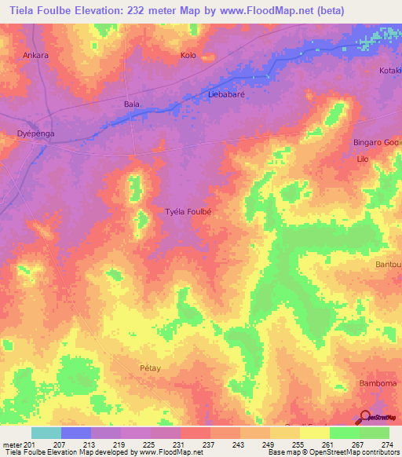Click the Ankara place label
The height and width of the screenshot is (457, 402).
[35, 56]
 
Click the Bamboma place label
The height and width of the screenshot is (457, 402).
[379, 382]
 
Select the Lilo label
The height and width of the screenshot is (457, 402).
[363, 159]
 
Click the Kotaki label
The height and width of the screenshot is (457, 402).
[390, 71]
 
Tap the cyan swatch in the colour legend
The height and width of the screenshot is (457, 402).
[46, 433]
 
